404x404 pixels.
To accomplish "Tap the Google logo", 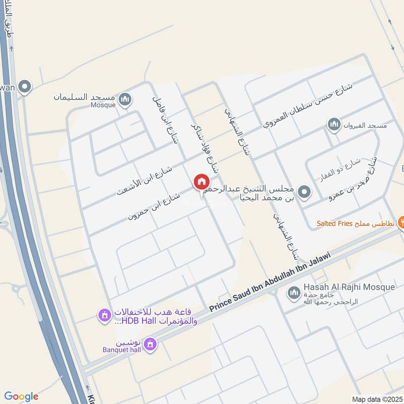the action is pyautogui.click(x=21, y=396).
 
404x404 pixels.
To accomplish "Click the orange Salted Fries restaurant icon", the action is pyautogui.click(x=402, y=221).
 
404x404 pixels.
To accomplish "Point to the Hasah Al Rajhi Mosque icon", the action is pyautogui.click(x=293, y=292).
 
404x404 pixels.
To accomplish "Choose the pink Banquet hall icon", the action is pyautogui.click(x=149, y=345).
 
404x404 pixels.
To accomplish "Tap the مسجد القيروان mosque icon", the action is pyautogui.click(x=334, y=125).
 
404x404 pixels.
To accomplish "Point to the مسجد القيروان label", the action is pyautogui.click(x=366, y=125).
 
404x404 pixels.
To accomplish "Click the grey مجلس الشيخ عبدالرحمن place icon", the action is pyautogui.click(x=304, y=192).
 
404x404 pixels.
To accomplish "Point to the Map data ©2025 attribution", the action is pyautogui.click(x=376, y=399).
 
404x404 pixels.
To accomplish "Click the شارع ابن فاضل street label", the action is pyautogui.click(x=166, y=119).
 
